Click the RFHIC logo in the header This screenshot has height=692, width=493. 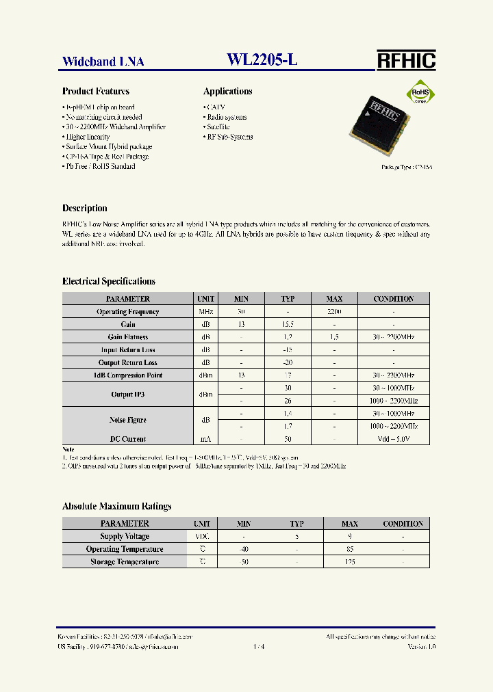[406, 60]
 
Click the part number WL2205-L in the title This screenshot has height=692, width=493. [262, 60]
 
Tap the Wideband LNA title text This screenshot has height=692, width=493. [103, 62]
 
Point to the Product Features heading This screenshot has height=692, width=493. [96, 92]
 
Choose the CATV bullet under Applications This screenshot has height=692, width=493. [215, 107]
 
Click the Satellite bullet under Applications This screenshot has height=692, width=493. [218, 127]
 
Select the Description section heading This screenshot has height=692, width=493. [85, 209]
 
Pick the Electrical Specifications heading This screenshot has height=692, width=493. [109, 281]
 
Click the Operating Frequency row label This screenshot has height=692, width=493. [127, 312]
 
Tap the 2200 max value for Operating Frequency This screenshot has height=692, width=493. [334, 312]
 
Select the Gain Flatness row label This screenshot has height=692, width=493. [127, 337]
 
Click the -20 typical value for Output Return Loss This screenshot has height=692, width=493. [288, 362]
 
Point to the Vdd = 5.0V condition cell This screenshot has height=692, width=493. [394, 439]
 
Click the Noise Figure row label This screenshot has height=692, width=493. [127, 420]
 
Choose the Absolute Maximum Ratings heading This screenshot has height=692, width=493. [117, 507]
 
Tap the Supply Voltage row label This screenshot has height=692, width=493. [125, 537]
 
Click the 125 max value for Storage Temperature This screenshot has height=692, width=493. [350, 562]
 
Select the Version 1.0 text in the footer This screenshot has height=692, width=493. [421, 646]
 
